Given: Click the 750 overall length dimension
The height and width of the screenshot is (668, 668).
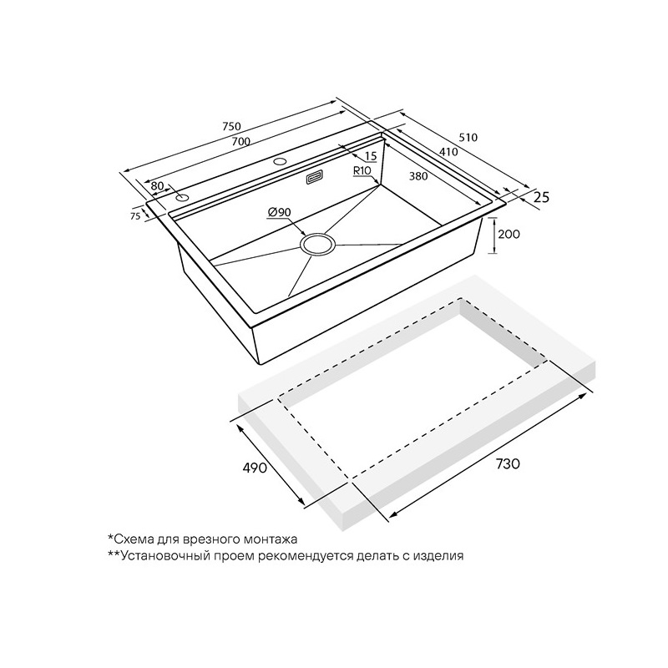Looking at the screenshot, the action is click(232, 127).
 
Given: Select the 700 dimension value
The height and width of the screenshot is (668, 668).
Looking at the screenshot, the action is click(241, 142).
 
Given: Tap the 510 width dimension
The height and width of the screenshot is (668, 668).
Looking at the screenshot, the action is click(468, 138).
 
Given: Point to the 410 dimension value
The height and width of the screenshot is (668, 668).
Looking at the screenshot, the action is click(448, 151).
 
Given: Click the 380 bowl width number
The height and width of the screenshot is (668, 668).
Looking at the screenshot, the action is click(418, 175).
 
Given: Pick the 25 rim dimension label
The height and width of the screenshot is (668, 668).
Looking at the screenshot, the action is click(541, 197).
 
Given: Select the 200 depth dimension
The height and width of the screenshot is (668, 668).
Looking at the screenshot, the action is click(510, 234).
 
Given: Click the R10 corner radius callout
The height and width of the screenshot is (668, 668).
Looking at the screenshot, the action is click(362, 170).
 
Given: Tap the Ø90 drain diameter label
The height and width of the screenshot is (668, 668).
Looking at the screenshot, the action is click(279, 212).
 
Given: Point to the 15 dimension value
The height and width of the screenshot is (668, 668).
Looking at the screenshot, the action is click(371, 156).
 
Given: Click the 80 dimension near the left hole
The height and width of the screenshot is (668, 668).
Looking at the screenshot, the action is click(157, 186).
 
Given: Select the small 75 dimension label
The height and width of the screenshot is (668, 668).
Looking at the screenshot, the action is click(135, 216).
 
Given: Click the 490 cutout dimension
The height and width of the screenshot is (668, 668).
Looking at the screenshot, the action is click(255, 468).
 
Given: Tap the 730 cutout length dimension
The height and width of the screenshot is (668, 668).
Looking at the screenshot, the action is click(508, 463).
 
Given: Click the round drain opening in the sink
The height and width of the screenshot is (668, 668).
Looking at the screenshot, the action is click(318, 244).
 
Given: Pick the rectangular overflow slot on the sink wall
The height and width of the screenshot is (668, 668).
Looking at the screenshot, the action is click(315, 178).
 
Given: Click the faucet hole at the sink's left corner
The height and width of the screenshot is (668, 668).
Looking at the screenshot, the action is click(183, 198).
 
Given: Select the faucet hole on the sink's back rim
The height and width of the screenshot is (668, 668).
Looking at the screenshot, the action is click(280, 161).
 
